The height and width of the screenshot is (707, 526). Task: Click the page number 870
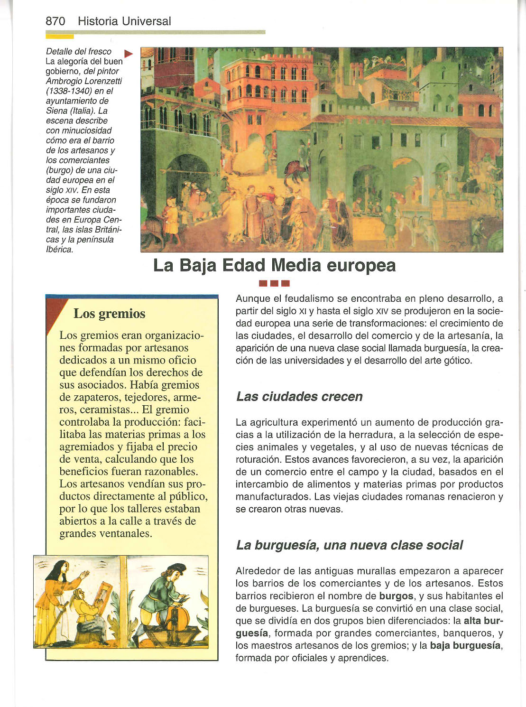(55, 21)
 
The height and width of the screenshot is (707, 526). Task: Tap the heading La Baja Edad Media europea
(274, 265)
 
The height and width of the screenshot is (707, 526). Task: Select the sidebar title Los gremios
(110, 314)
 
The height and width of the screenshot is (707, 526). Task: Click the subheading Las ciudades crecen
(299, 397)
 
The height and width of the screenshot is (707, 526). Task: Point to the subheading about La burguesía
(349, 545)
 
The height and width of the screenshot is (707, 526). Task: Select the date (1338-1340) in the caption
(73, 91)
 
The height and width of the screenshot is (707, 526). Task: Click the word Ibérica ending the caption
(59, 250)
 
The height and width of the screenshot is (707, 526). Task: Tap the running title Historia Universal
(124, 21)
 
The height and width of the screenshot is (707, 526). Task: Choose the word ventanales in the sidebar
(125, 533)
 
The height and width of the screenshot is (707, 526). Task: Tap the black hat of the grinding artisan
(176, 567)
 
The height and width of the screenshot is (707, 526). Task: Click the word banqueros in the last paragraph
(469, 633)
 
